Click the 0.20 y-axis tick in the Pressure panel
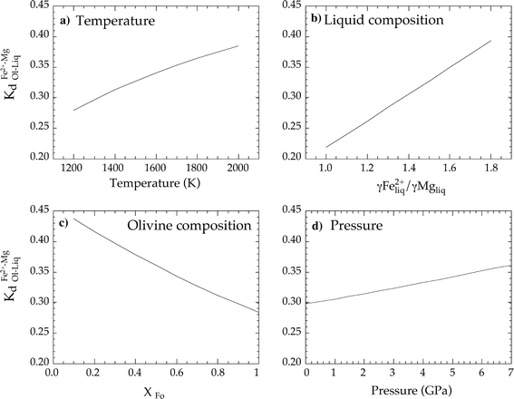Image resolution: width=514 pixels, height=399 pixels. (x=293, y=362)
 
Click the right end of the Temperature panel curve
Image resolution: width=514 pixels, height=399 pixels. (x=238, y=45)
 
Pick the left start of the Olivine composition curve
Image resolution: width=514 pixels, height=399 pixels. (x=73, y=219)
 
